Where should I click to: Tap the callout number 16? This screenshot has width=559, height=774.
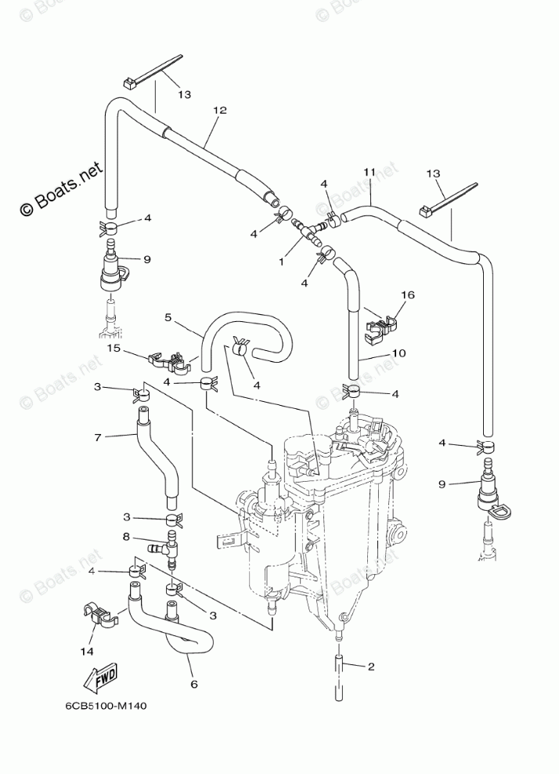(408, 295)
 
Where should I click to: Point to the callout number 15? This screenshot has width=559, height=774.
(114, 348)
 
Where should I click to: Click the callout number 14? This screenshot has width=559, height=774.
(87, 652)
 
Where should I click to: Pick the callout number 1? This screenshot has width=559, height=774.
(282, 262)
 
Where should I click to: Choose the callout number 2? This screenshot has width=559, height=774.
(371, 667)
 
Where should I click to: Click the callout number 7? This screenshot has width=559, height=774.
(97, 437)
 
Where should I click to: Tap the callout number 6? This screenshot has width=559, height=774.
(193, 684)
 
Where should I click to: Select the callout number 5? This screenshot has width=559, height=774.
(168, 317)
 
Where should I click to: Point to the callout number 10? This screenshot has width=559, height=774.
(399, 353)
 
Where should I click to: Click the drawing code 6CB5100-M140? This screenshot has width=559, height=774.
(106, 706)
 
